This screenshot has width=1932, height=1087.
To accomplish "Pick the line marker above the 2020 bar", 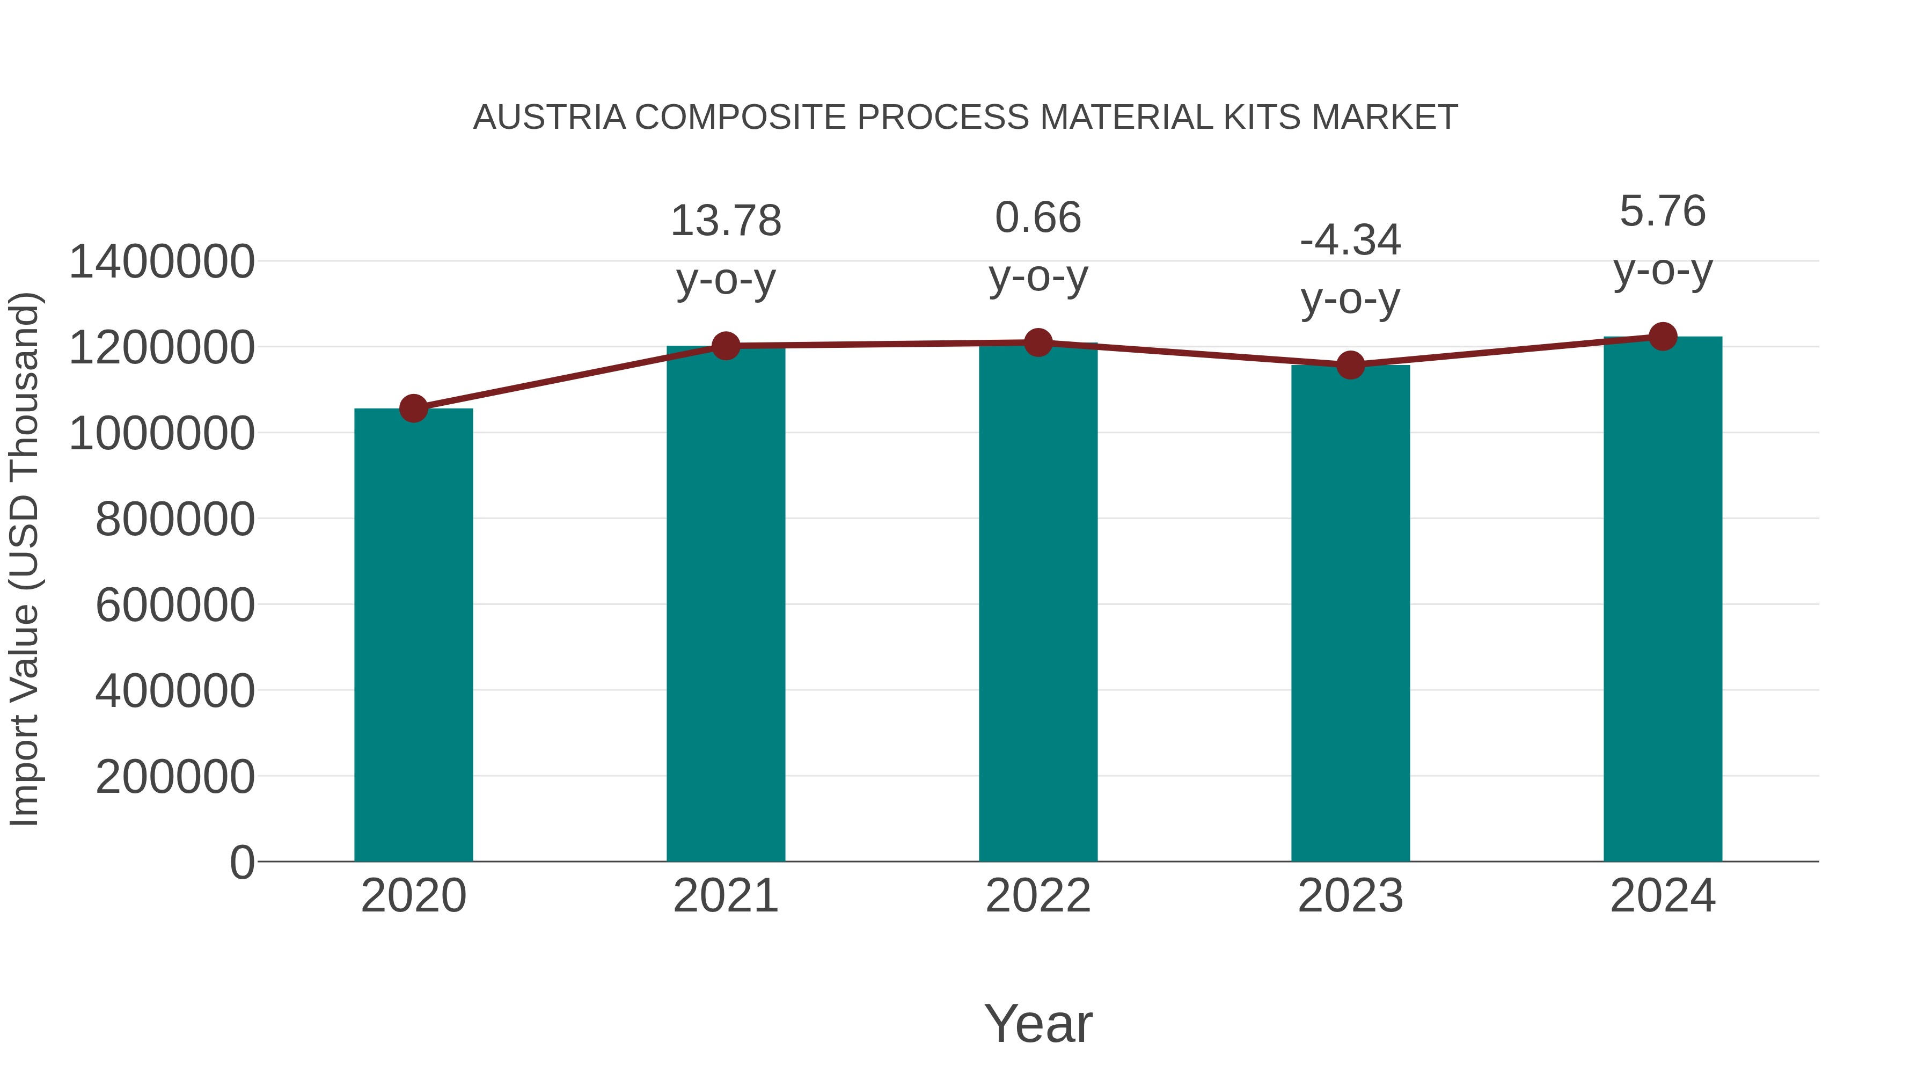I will pos(413,409).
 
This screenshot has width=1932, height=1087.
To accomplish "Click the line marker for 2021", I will pos(725,346).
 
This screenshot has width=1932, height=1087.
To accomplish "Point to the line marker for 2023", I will pos(1350,366).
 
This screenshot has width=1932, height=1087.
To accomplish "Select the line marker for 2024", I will pos(1663,337).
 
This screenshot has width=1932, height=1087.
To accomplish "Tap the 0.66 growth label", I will pos(1038,218).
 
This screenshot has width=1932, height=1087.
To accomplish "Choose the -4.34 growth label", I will pos(1350,241).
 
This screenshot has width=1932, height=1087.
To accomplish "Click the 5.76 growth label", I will pos(1663,211).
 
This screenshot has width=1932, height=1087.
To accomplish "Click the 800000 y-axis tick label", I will pos(175,519).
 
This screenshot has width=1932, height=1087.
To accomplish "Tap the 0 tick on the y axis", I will pos(241,862).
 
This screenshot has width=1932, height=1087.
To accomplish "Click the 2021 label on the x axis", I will pos(725,896).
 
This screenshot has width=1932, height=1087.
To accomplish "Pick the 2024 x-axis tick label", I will pos(1663,896).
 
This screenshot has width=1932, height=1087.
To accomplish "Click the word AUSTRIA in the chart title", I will pos(549,118).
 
